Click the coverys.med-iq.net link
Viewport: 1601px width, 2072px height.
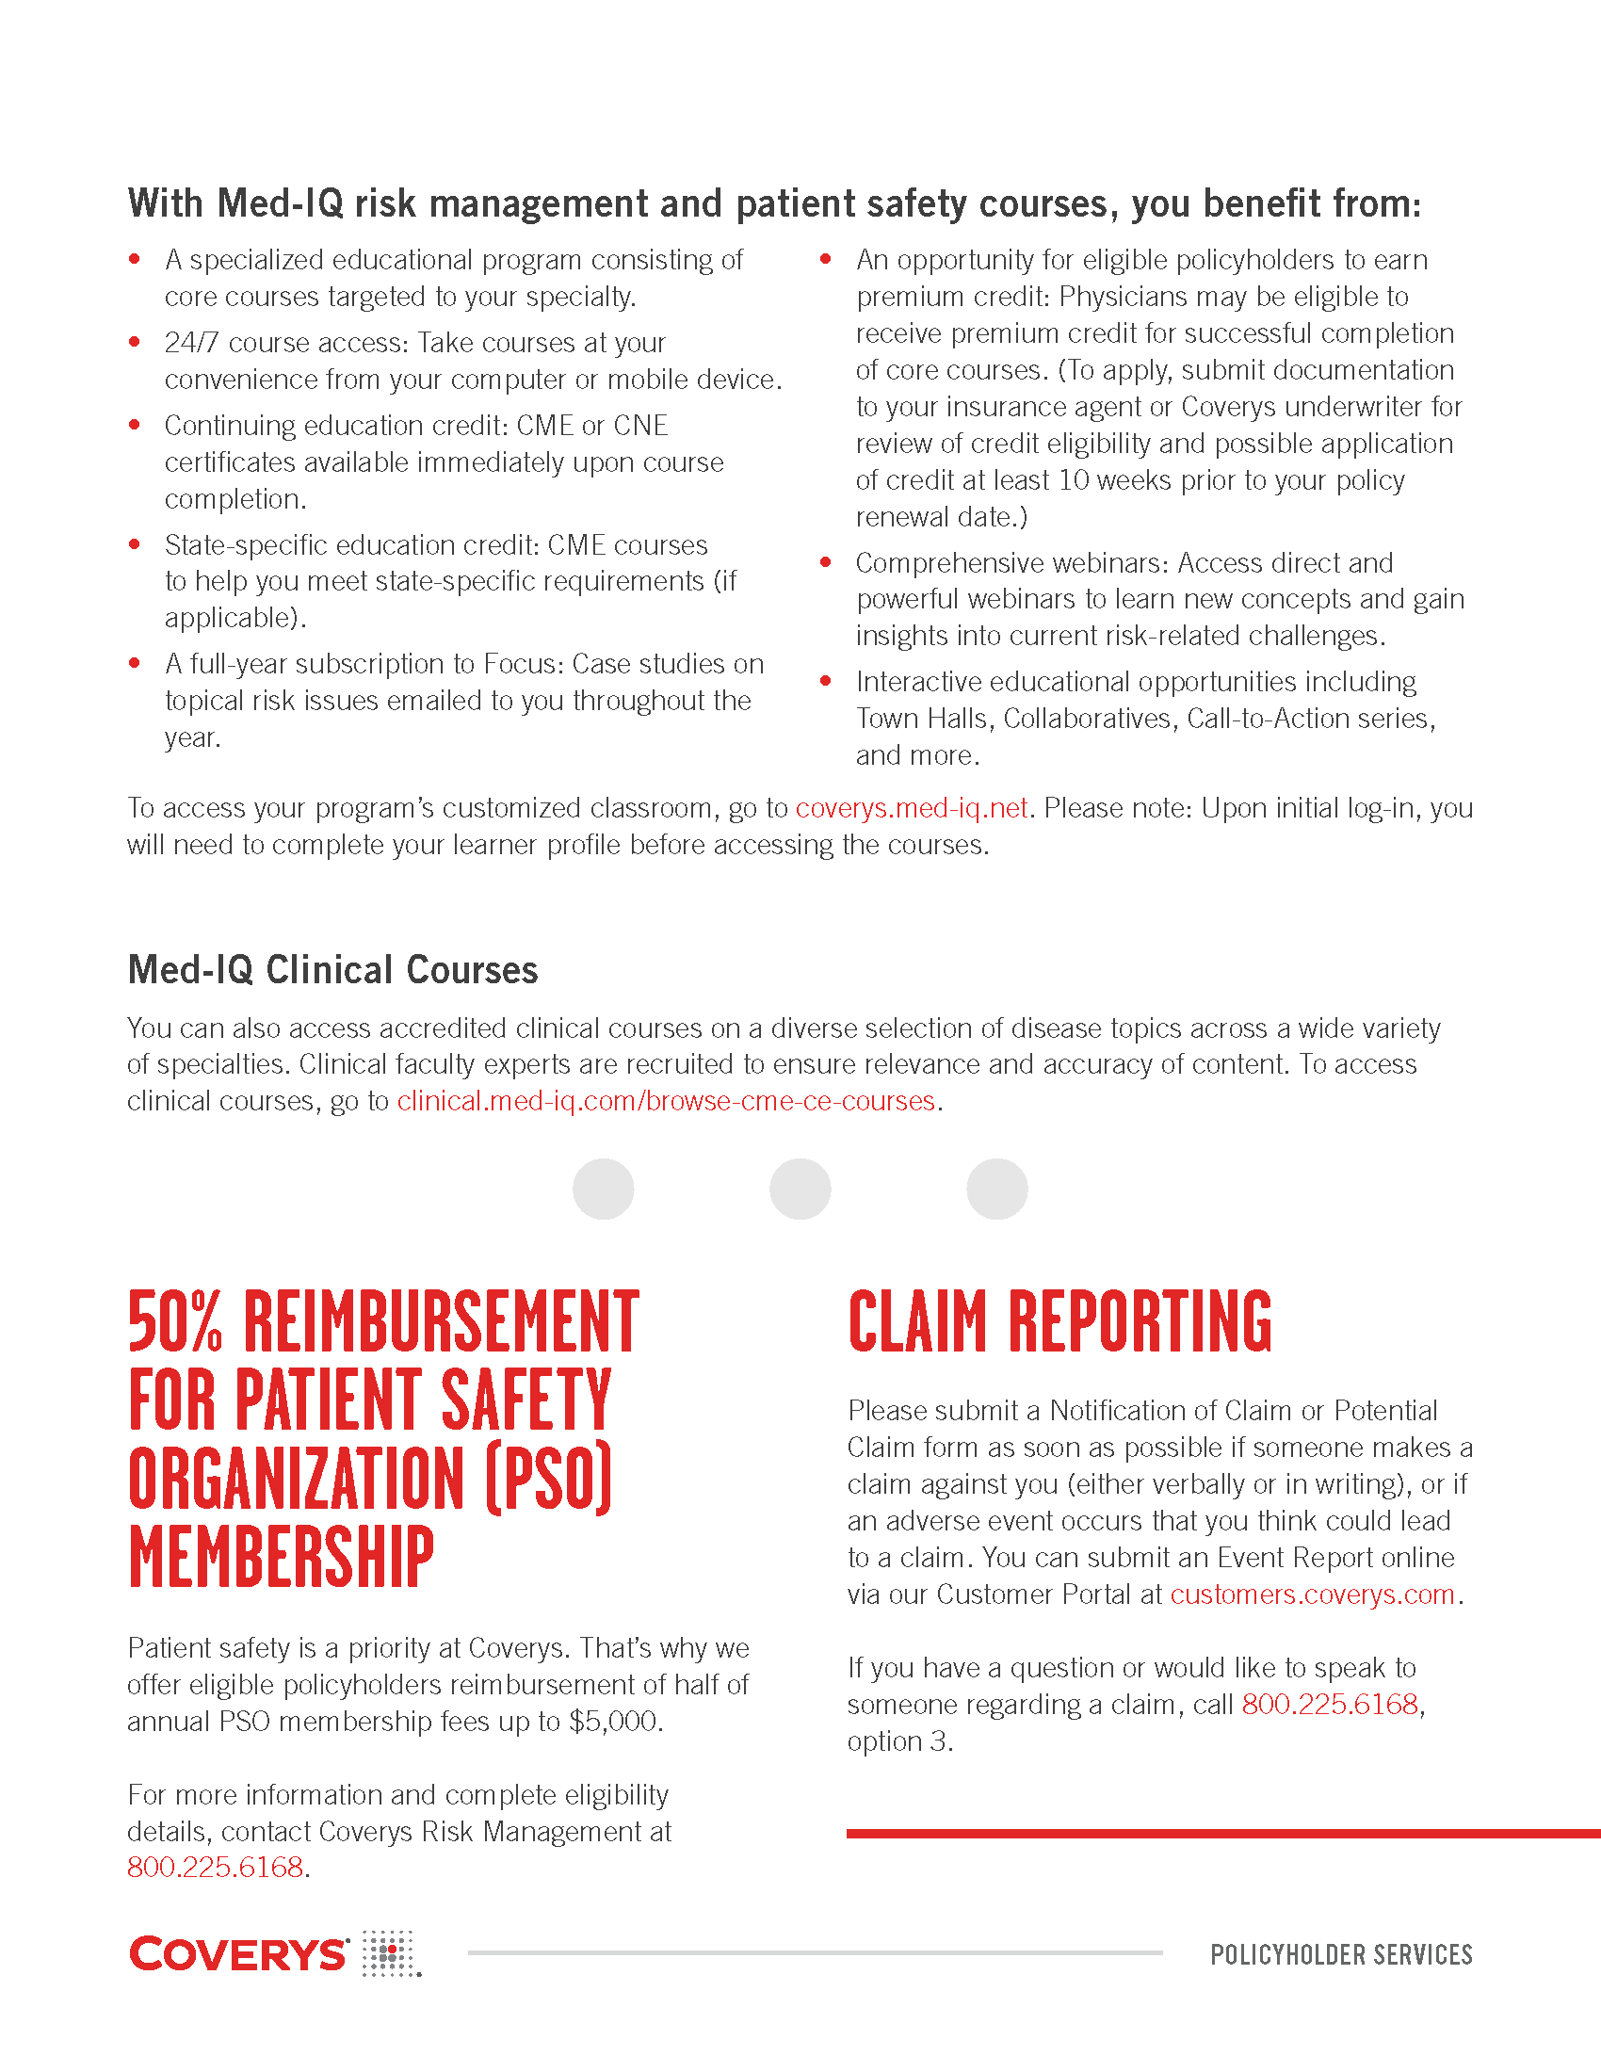pyautogui.click(x=911, y=808)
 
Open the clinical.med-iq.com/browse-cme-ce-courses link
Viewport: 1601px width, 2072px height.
pyautogui.click(x=666, y=1102)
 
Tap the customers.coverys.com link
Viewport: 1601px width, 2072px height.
pyautogui.click(x=1312, y=1594)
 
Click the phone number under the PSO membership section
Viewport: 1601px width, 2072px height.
pyautogui.click(x=216, y=1867)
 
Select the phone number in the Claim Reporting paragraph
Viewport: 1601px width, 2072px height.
pyautogui.click(x=1329, y=1705)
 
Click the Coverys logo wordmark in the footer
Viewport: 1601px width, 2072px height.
pyautogui.click(x=239, y=1954)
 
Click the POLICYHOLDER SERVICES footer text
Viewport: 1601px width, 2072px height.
pyautogui.click(x=1341, y=1954)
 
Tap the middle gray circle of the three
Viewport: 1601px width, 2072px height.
pyautogui.click(x=800, y=1189)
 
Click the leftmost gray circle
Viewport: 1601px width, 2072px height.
pyautogui.click(x=604, y=1189)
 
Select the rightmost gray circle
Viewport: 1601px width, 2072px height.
pyautogui.click(x=996, y=1189)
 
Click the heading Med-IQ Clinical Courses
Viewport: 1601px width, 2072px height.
pyautogui.click(x=332, y=969)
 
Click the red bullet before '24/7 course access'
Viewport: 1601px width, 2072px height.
pyautogui.click(x=135, y=342)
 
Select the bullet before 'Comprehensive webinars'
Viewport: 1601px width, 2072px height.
pyautogui.click(x=826, y=562)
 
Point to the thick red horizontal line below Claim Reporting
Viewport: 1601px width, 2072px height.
pyautogui.click(x=1222, y=1834)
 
